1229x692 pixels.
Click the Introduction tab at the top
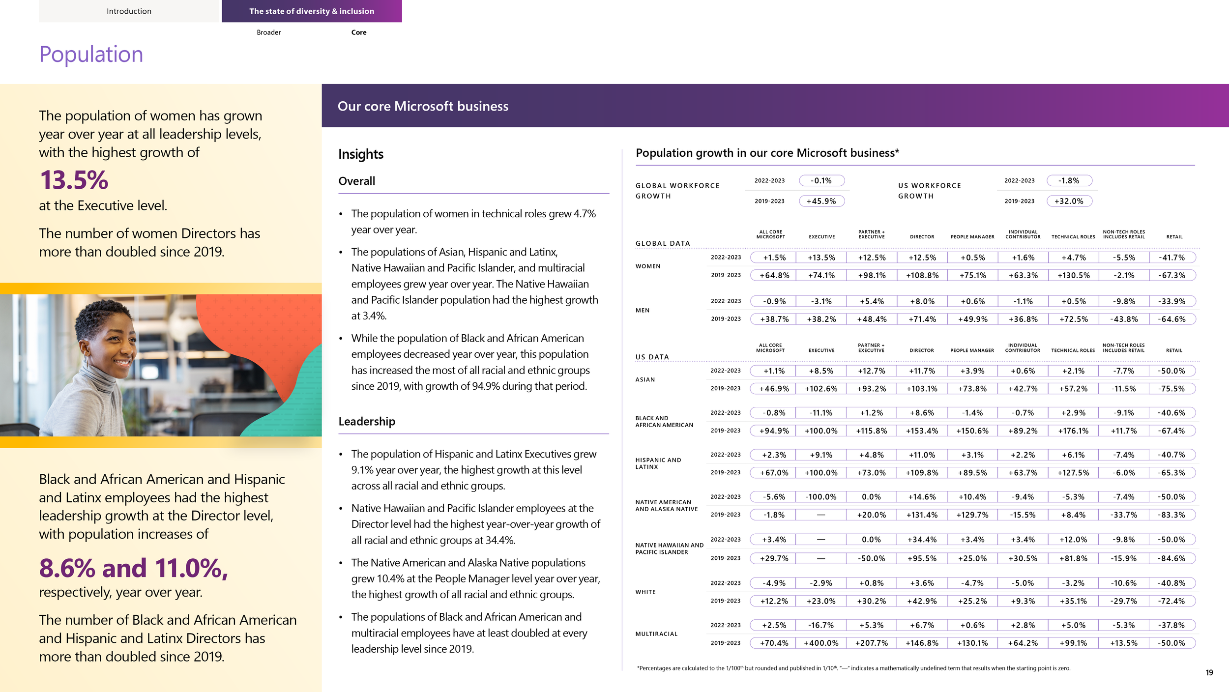point(129,11)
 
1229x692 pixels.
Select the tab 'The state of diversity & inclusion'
point(312,11)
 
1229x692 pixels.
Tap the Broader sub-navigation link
point(268,32)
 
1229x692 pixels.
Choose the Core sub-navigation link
point(359,32)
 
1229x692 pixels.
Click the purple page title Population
point(91,54)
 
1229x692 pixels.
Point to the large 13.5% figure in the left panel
point(74,180)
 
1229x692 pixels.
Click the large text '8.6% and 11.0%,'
point(133,568)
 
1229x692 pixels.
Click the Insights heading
point(360,154)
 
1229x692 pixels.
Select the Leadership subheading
point(366,422)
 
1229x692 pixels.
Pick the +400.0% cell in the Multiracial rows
point(821,643)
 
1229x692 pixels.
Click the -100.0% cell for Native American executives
point(821,497)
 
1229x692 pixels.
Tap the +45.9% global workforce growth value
point(821,201)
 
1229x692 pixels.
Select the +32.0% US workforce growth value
point(1069,201)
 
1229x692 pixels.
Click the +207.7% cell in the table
point(872,643)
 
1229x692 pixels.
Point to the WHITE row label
point(645,592)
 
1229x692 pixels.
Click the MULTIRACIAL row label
point(656,634)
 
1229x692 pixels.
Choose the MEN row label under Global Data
point(642,311)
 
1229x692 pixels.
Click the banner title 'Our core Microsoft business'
point(423,106)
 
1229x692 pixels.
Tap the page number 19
point(1209,672)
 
